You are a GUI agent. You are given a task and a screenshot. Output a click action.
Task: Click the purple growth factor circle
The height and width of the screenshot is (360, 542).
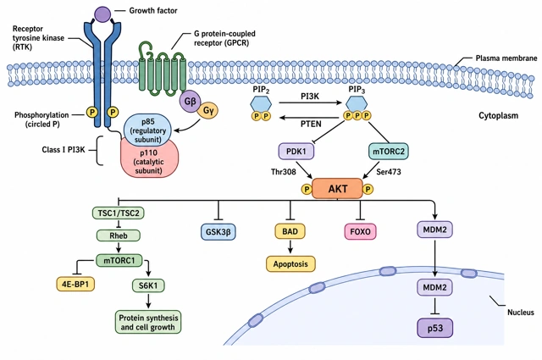click(x=102, y=14)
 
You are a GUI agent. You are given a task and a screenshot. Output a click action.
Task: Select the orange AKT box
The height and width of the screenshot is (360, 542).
click(x=337, y=189)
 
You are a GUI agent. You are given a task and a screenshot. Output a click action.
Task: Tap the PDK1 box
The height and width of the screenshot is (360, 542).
click(x=296, y=152)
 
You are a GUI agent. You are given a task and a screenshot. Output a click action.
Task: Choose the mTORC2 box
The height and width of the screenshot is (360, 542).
click(x=389, y=152)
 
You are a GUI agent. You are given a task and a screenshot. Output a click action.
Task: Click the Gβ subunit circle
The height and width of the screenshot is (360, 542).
click(x=190, y=102)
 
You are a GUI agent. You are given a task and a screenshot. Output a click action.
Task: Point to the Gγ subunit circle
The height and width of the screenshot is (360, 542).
click(x=208, y=110)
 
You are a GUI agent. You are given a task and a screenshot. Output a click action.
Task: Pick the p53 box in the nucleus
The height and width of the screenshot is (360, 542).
click(x=434, y=328)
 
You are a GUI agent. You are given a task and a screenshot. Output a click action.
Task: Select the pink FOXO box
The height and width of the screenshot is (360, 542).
click(x=360, y=231)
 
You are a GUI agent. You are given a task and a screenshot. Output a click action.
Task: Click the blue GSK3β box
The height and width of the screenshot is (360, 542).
click(x=218, y=231)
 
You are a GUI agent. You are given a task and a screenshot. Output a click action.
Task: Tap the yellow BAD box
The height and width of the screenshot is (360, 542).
click(x=290, y=231)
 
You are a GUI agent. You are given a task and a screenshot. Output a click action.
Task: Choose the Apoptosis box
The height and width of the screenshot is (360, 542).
click(x=290, y=264)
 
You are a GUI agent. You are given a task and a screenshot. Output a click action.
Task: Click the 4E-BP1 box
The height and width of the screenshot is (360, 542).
click(x=75, y=284)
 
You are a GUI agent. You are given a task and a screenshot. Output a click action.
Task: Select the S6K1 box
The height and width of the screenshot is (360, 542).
click(x=148, y=285)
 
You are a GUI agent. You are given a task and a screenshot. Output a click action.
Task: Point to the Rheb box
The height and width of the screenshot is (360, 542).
click(x=119, y=235)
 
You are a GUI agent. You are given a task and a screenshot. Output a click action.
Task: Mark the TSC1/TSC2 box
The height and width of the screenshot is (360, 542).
click(x=119, y=213)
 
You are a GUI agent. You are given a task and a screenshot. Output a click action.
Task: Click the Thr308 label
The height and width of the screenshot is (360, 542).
click(x=284, y=172)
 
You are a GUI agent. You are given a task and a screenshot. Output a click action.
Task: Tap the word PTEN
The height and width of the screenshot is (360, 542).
click(x=311, y=124)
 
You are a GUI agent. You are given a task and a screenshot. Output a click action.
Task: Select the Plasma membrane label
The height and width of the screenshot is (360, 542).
click(x=506, y=58)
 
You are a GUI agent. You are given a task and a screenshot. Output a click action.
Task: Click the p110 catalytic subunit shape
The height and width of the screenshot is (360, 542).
click(x=149, y=160)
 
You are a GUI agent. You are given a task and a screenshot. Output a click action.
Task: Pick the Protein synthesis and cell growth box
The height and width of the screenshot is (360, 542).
click(x=148, y=322)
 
